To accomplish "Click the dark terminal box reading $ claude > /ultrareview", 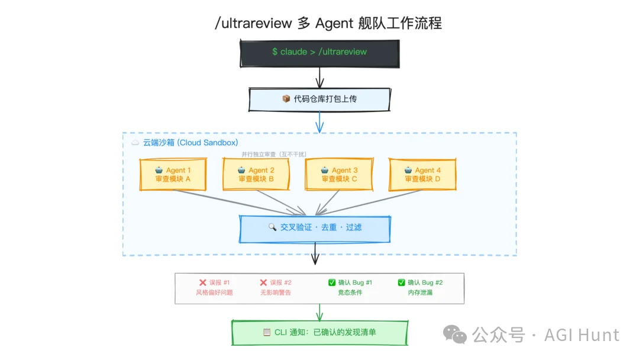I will coord(319,52).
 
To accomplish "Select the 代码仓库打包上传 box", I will coord(319,99).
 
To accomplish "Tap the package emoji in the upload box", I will coord(286,99).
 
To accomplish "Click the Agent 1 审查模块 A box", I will coord(173,174).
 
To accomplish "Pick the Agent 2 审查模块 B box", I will coord(256,174).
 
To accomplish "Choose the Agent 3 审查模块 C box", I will coord(339,174).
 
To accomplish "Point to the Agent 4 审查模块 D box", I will coord(422,174).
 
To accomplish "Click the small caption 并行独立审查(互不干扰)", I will coord(274,154).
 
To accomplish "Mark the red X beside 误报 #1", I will coord(203,283).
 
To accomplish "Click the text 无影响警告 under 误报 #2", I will coord(275,292).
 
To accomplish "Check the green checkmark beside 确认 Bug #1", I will coord(332,283).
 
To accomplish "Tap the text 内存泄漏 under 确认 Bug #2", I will coord(420,292).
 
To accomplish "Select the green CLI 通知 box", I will coord(319,332).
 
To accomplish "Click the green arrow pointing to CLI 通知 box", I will coord(319,313).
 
